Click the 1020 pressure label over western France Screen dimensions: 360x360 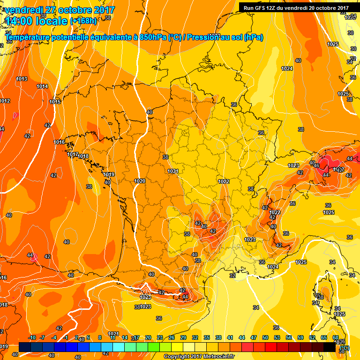tap(139, 181)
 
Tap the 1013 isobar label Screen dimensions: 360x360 tap(22, 79)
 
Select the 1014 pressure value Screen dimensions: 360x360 tap(42, 86)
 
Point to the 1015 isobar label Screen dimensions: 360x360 tap(55, 102)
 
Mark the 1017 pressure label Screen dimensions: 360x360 tap(72, 154)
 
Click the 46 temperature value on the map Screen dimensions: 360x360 tap(316, 165)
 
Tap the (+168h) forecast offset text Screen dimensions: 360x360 tap(83, 21)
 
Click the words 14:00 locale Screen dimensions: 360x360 tap(37, 21)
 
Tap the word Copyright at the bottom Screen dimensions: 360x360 tap(176, 357)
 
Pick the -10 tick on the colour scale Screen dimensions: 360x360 tap(32, 337)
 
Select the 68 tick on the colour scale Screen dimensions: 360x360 tap(335, 337)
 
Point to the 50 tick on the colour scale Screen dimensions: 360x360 tap(265, 337)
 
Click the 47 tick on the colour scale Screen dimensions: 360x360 tap(254, 337)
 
